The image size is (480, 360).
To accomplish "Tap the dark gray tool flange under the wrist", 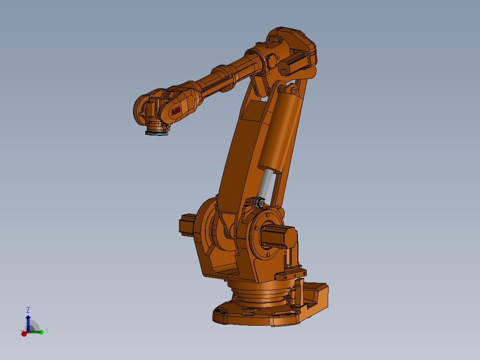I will (157, 133).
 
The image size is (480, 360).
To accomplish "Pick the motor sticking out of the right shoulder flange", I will (278, 236).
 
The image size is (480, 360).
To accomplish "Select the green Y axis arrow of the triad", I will (38, 331).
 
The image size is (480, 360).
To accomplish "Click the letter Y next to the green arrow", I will (46, 330).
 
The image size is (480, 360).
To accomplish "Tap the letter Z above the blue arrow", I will (28, 310).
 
